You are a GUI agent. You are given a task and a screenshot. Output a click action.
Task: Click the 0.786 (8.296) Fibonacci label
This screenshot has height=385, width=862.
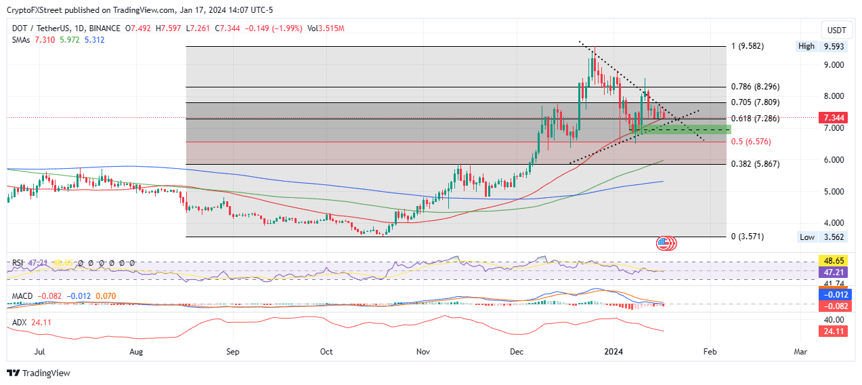(755, 87)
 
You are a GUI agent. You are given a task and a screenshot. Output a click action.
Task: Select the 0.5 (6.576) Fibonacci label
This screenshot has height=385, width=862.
(751, 142)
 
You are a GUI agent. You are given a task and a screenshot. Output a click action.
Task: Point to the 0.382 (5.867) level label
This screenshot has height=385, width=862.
(755, 164)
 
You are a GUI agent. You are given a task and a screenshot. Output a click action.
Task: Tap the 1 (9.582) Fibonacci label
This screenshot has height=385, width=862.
(749, 47)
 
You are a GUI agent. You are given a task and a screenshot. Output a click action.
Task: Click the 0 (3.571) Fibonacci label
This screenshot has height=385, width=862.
(749, 237)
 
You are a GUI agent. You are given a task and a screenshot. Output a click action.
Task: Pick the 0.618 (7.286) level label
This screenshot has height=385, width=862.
(755, 119)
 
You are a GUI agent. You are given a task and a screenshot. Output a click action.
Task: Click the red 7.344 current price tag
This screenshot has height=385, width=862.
(832, 118)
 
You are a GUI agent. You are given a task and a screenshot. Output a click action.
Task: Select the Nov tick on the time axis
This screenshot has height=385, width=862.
(423, 352)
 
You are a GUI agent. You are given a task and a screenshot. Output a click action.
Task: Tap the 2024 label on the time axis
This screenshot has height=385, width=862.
(614, 352)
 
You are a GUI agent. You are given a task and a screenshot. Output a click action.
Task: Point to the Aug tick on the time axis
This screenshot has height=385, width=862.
(136, 352)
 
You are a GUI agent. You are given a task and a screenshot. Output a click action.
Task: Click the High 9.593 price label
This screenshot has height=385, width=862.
(823, 47)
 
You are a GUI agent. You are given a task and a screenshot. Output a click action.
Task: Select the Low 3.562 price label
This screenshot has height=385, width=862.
(823, 237)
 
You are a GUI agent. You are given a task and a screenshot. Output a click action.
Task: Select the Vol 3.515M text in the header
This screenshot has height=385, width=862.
(326, 28)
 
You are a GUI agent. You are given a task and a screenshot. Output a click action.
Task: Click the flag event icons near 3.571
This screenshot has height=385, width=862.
(665, 243)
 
